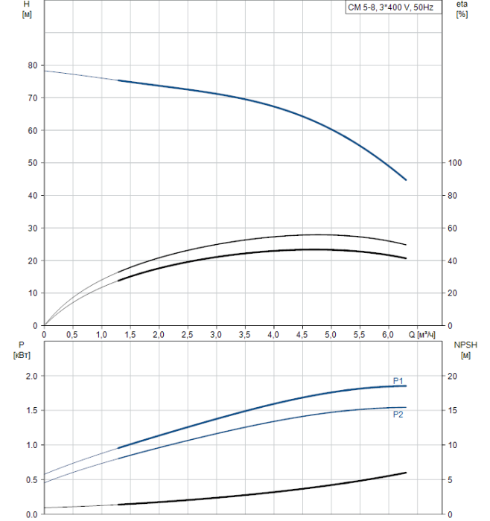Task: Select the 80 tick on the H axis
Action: pos(32,65)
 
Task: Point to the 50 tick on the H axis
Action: pos(32,163)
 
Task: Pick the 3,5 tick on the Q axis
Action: pos(245,335)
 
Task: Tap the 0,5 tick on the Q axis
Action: pos(73,335)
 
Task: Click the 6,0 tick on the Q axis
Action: pos(389,335)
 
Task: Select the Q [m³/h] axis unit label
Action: pos(421,335)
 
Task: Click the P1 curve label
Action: pos(398,381)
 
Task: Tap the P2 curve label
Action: pos(398,415)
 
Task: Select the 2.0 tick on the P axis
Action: pos(31,377)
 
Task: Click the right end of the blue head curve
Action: pos(406,179)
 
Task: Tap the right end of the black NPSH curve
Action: pos(406,473)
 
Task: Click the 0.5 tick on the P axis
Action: pos(31,480)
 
